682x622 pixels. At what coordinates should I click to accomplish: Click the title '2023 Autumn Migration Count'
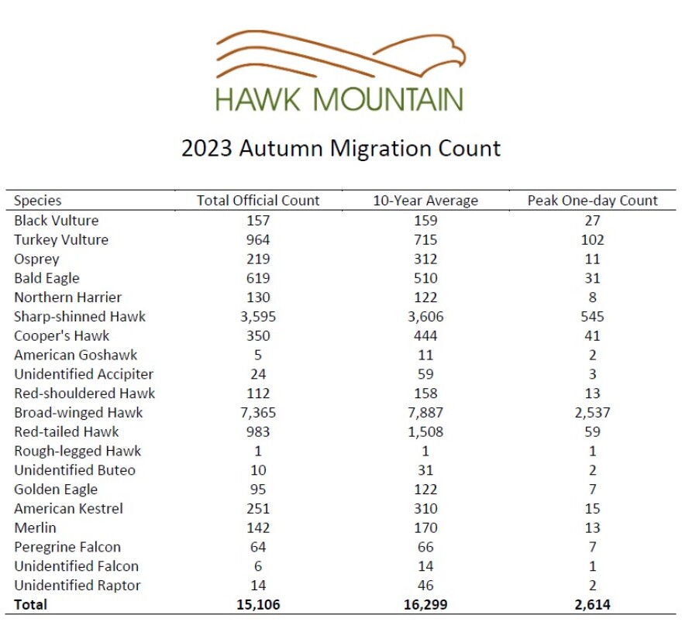[x=341, y=148]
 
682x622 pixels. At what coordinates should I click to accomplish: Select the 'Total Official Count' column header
[x=258, y=201]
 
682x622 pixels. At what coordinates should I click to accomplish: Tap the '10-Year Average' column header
[x=425, y=201]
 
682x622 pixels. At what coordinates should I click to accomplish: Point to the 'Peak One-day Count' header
[x=592, y=201]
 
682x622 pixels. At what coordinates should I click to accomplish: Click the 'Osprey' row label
[x=36, y=259]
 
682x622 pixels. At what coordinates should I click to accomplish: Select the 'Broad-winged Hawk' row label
[x=78, y=413]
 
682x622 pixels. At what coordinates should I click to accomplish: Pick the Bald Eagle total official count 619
[x=258, y=278]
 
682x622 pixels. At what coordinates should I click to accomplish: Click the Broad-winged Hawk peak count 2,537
[x=592, y=413]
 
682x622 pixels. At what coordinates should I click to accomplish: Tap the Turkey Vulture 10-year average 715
[x=425, y=239]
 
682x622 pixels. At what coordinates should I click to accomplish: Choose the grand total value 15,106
[x=258, y=605]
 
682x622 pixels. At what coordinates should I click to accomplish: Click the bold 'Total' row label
[x=30, y=605]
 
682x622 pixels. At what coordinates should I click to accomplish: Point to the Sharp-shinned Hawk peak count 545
[x=592, y=316]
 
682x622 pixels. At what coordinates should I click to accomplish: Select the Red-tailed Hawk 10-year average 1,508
[x=425, y=431]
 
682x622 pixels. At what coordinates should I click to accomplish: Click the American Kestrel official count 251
[x=258, y=509]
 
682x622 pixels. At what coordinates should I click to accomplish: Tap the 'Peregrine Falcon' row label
[x=67, y=547]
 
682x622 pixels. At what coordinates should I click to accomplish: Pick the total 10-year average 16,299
[x=425, y=605]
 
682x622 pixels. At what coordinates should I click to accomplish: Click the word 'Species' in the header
[x=37, y=201]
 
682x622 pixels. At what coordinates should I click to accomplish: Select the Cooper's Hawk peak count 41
[x=592, y=335]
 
